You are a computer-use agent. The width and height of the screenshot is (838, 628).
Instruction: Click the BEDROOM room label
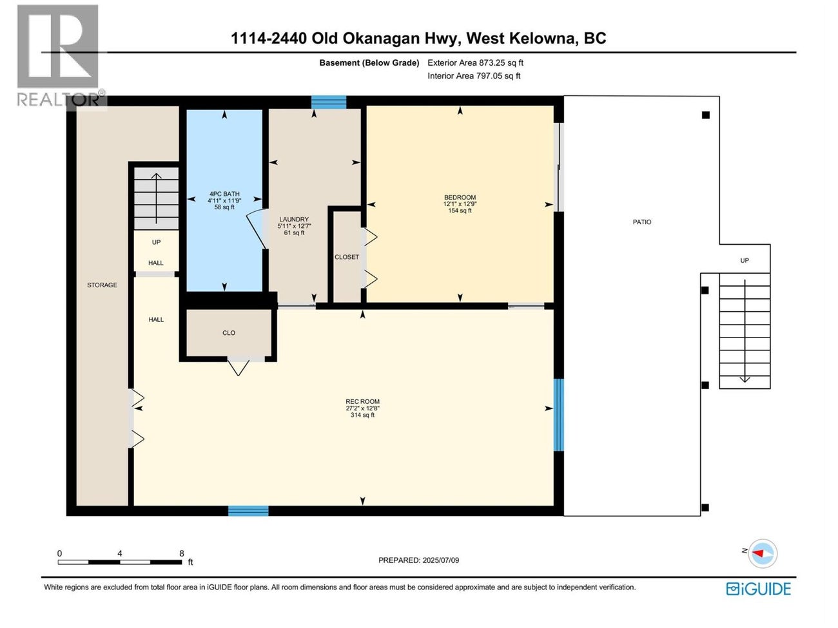pos(460,198)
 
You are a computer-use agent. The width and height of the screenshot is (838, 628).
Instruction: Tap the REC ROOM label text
pos(362,402)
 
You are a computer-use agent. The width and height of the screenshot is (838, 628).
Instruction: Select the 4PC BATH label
pos(224,194)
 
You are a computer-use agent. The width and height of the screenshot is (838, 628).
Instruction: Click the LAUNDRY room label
pos(294,220)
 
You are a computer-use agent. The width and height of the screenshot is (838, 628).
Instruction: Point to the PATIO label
pos(641,222)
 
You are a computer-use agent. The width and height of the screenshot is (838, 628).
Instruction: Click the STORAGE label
pos(102,285)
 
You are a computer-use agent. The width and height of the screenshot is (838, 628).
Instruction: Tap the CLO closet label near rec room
pos(229,333)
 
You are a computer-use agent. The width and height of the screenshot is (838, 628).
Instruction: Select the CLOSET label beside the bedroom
pos(347,257)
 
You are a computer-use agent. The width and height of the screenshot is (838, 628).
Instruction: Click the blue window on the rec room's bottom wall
pos(248,511)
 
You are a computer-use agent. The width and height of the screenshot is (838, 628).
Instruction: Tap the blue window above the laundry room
pos(329,102)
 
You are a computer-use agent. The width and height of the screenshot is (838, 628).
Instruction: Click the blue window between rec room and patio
pos(558,415)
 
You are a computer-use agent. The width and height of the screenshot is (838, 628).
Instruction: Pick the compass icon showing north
pos(763,553)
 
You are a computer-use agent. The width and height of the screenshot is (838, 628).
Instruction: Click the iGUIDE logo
pos(758,589)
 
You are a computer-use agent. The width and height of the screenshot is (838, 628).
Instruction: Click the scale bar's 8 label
pos(182,553)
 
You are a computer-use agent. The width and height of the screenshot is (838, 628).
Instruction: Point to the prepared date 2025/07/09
pos(418,560)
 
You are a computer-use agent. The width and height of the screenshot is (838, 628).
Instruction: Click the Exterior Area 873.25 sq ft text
pos(475,63)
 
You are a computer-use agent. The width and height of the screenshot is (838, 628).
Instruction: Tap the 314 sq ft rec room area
pos(362,415)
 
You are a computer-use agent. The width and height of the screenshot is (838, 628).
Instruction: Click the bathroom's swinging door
pos(257,229)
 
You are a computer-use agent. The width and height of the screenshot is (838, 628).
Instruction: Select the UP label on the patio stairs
pos(745,261)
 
